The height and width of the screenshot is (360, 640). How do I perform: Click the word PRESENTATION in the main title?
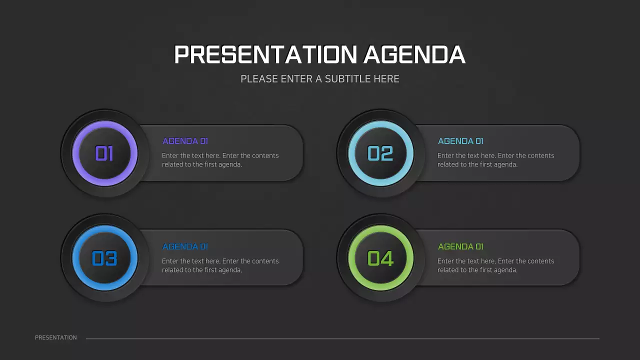click(265, 54)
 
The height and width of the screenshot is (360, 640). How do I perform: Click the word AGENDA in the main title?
click(414, 54)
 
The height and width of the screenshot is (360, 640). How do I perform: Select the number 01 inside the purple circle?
click(104, 153)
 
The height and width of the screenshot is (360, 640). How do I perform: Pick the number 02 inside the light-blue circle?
click(380, 153)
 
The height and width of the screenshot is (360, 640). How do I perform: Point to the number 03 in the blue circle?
click(104, 258)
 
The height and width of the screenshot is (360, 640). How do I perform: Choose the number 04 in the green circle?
click(380, 258)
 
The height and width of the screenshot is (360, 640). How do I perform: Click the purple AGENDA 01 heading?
click(185, 141)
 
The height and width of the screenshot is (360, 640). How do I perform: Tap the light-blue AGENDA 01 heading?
click(460, 141)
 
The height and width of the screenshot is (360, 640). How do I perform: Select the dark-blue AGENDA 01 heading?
click(185, 246)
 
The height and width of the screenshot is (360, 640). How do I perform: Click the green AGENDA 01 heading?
click(460, 246)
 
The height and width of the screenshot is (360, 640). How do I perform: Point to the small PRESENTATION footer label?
click(56, 338)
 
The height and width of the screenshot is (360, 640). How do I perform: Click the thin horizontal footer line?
click(342, 338)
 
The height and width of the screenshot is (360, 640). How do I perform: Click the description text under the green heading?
click(495, 265)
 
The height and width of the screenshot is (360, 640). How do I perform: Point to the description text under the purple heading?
click(220, 160)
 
